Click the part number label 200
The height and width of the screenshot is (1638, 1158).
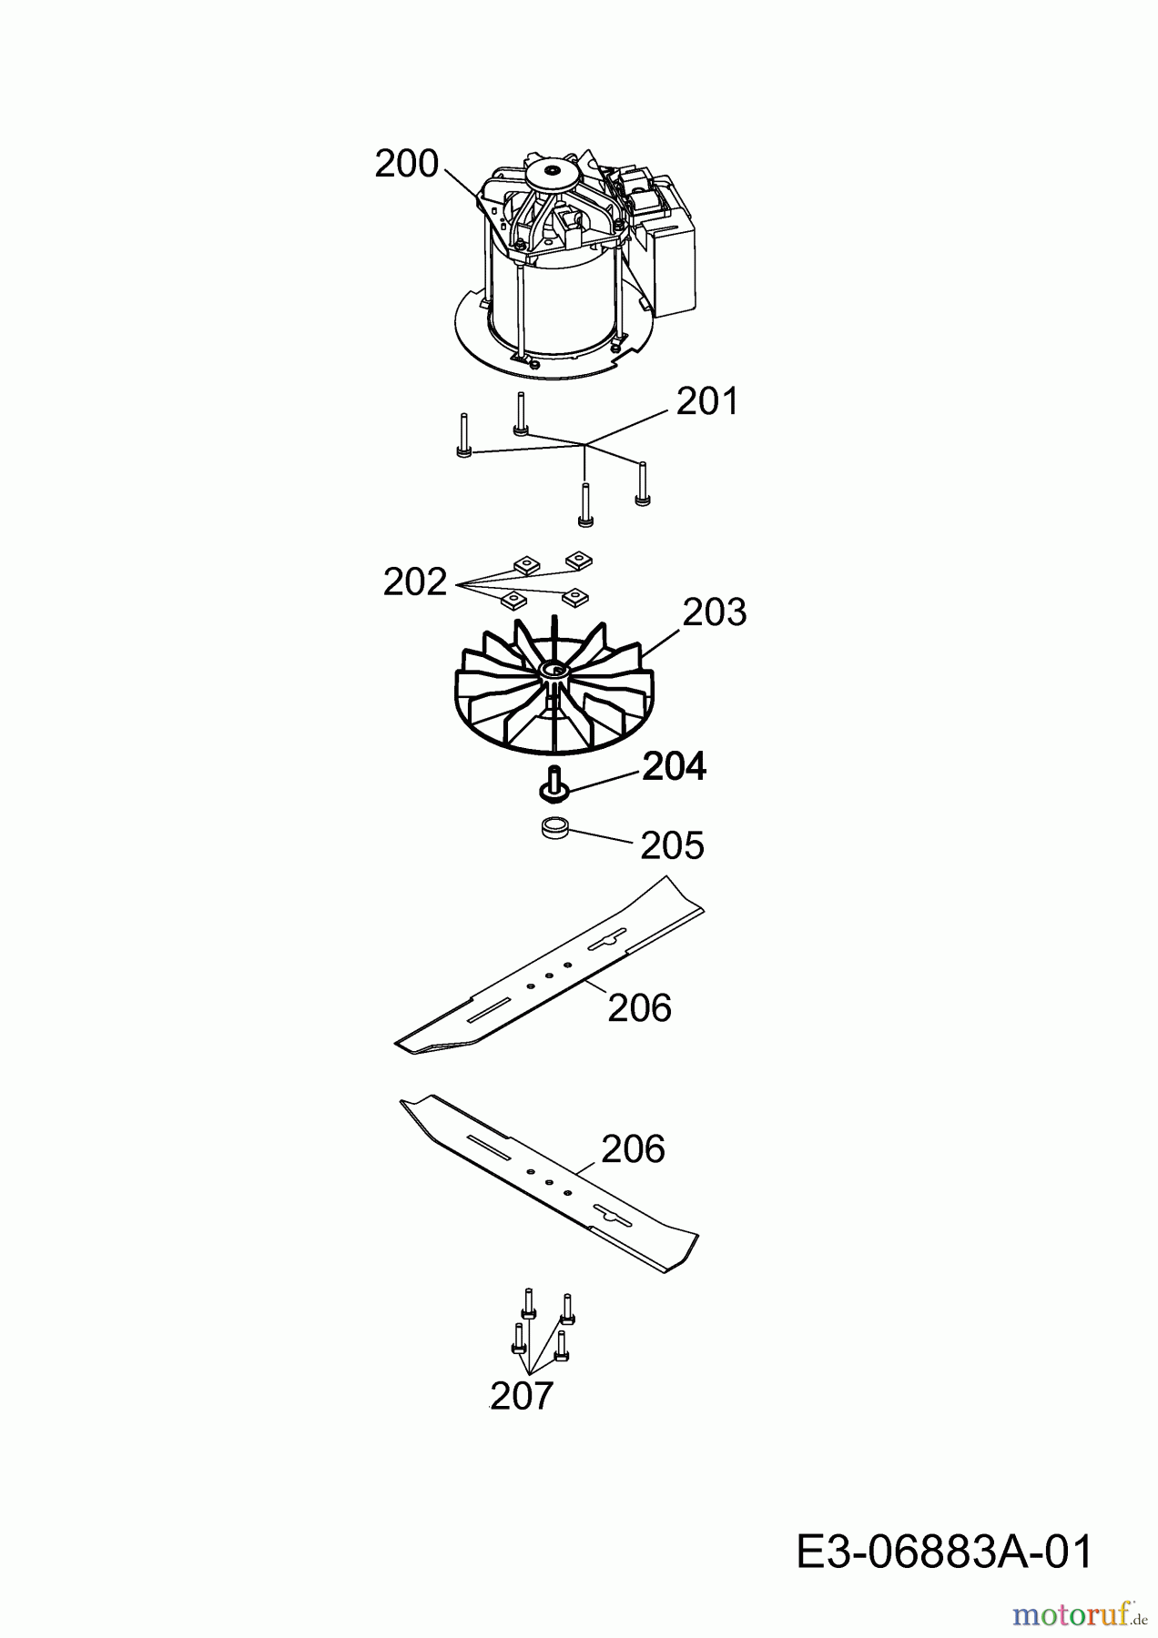click(407, 164)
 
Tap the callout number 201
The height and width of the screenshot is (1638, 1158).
click(706, 401)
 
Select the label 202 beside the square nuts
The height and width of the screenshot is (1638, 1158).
click(415, 582)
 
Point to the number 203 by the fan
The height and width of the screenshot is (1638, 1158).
click(715, 612)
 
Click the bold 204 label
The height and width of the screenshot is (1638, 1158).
click(675, 767)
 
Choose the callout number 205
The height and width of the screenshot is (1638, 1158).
click(673, 845)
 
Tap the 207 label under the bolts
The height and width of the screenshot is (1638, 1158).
click(522, 1395)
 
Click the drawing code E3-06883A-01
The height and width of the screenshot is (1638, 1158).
click(944, 1551)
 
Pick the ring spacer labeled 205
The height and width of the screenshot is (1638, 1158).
click(554, 829)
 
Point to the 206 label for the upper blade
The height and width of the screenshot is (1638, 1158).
click(639, 1008)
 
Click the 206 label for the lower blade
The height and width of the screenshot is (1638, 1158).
click(634, 1149)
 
